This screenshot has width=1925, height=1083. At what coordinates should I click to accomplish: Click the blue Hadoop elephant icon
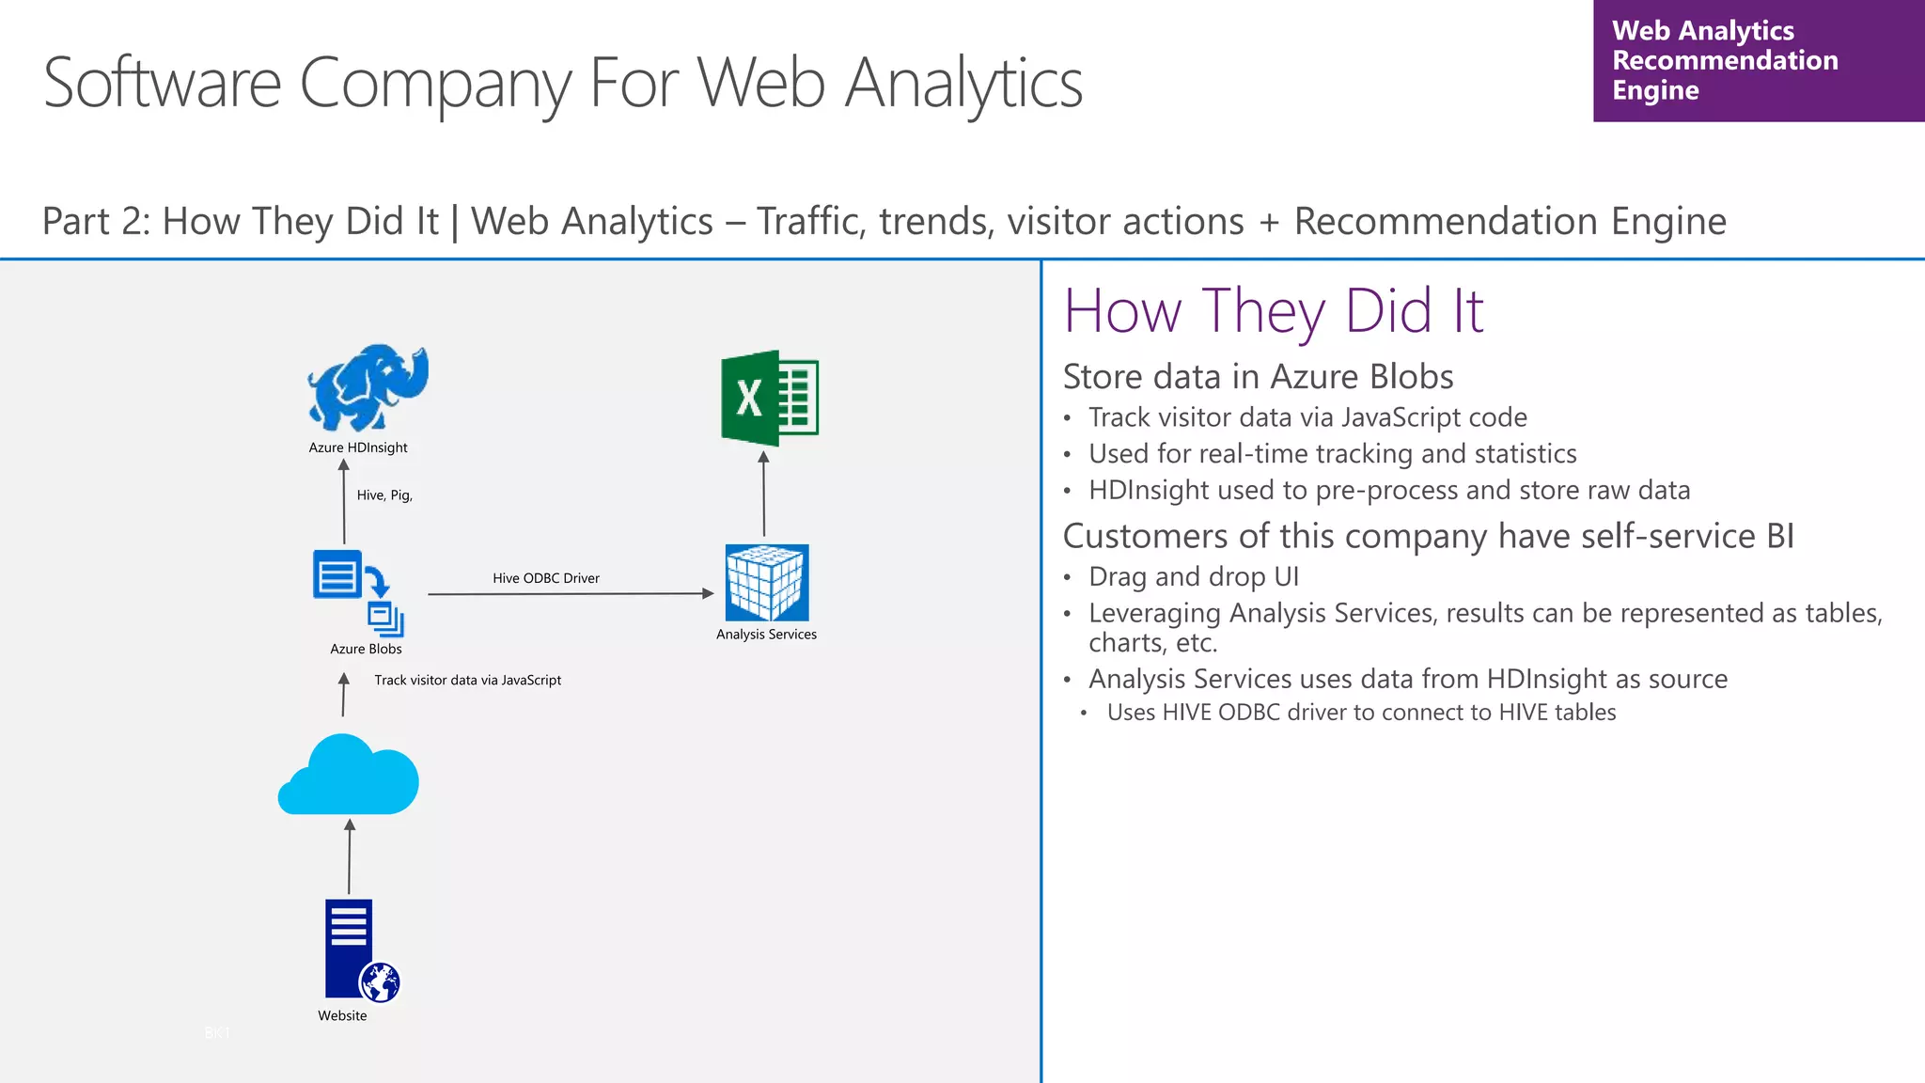pos(368,387)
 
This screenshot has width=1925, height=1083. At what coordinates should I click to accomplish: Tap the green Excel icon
pos(770,398)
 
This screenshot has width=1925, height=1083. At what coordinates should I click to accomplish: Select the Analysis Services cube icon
pos(767,582)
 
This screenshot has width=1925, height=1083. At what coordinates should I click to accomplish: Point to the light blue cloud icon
pos(349,777)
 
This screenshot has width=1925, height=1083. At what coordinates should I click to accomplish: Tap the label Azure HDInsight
pos(358,447)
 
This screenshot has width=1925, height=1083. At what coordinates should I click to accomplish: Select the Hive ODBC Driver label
pos(546,578)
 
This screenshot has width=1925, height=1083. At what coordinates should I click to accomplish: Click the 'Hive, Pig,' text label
pos(384,495)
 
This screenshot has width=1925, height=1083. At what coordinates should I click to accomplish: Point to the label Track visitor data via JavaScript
pos(467,680)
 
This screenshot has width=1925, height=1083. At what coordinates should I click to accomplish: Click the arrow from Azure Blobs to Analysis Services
pos(570,594)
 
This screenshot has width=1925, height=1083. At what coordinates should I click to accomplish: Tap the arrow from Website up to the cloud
pos(350,855)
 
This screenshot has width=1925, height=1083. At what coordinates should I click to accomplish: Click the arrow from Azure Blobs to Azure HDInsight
pos(344,502)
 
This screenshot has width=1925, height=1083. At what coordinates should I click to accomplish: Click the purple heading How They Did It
pos(1274,311)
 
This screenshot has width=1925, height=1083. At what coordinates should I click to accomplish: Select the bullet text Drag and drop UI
pos(1194,576)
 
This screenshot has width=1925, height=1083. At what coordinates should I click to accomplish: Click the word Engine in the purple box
pos(1655,90)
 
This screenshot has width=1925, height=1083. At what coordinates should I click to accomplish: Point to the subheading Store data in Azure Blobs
pos(1258,376)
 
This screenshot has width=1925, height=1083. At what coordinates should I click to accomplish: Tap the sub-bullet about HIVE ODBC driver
pos(1361,713)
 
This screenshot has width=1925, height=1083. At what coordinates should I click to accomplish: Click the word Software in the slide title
pos(163,84)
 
